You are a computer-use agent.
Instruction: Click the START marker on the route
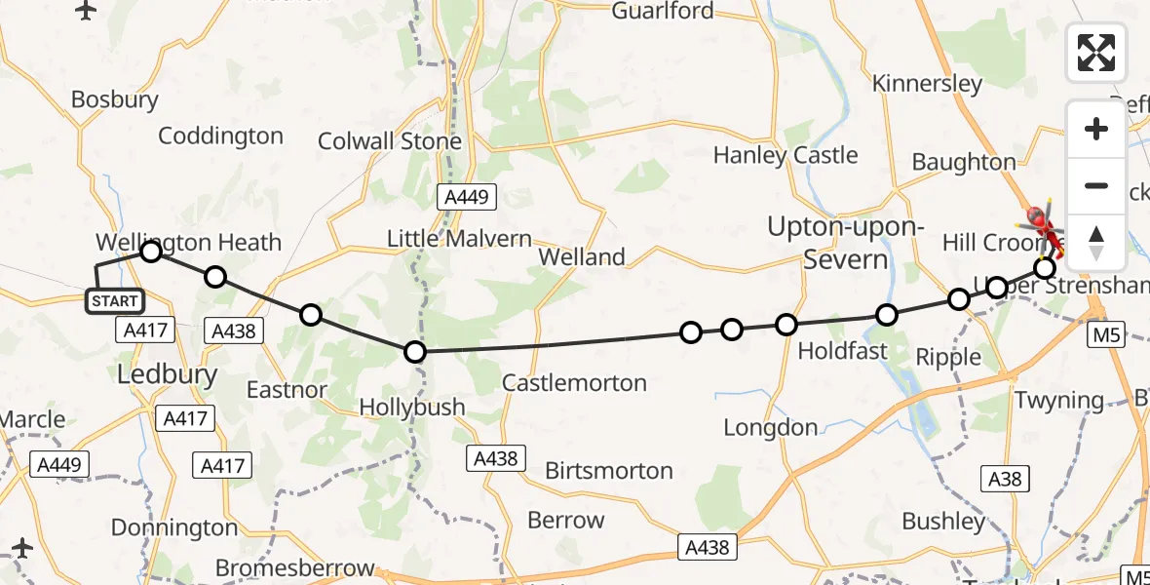tap(115, 301)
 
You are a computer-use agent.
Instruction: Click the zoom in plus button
tap(1096, 130)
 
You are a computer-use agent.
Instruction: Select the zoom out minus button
tap(1096, 185)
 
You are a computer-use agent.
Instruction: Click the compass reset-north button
tap(1096, 242)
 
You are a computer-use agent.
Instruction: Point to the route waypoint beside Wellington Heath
tap(151, 253)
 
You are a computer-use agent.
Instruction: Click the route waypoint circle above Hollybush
tap(415, 352)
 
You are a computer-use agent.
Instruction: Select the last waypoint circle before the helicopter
tap(1044, 267)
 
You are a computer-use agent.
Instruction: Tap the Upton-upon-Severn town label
tap(827, 243)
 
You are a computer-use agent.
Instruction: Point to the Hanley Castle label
tap(786, 155)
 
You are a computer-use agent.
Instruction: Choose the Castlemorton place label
tap(574, 383)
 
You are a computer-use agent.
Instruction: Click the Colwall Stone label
tap(390, 141)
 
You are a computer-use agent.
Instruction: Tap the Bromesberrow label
tap(294, 567)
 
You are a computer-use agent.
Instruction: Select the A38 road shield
tap(1005, 479)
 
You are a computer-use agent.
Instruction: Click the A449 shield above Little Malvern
tap(467, 197)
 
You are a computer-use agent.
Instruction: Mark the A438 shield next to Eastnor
tap(233, 331)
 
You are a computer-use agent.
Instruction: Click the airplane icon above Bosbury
tap(86, 11)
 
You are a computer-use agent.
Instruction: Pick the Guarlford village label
tap(663, 11)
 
